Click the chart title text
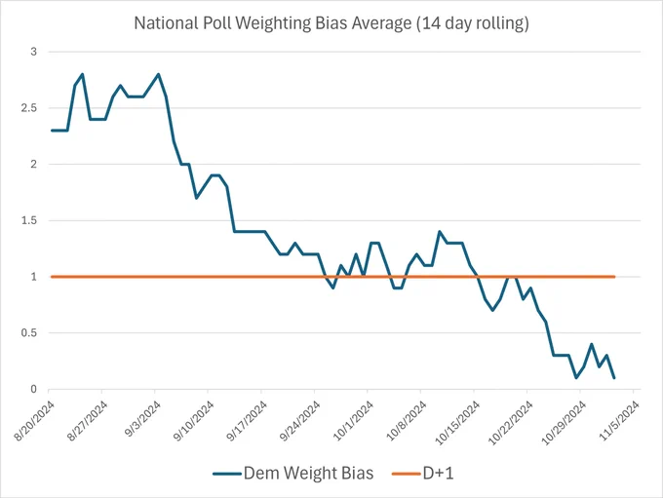(331, 23)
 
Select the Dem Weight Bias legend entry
(293, 473)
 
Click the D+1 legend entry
(423, 473)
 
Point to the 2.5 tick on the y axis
(29, 108)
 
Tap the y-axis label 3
(34, 52)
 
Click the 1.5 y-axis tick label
(29, 220)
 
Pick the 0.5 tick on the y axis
(29, 333)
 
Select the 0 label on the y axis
(34, 390)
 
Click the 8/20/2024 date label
(35, 421)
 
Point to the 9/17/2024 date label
(248, 421)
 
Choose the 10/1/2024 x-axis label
(354, 421)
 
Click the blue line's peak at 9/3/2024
(158, 74)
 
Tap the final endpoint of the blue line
(614, 378)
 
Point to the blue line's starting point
(52, 131)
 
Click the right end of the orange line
(614, 277)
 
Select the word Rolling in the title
(502, 23)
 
